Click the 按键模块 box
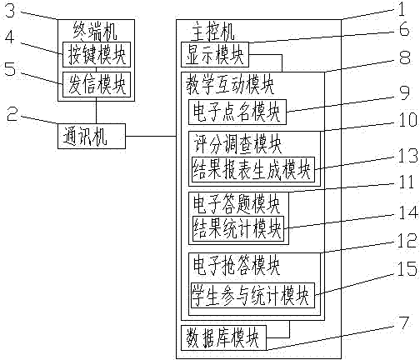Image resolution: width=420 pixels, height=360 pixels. point(97,54)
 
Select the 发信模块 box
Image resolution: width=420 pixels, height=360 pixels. point(97,84)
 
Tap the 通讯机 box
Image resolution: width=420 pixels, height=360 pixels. point(92,136)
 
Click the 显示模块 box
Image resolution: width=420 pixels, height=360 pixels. point(215,54)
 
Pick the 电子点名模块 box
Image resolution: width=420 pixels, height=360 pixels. point(237,112)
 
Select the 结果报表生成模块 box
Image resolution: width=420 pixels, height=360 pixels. point(253,170)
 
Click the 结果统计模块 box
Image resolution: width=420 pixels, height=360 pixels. point(238,228)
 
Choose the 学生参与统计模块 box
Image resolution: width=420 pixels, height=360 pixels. point(252,296)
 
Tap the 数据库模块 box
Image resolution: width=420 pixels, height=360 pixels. point(224,337)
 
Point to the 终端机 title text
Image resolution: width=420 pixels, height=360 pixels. point(95,32)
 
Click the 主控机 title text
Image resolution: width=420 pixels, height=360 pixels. point(212,32)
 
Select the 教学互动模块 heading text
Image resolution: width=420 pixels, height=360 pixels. point(230,84)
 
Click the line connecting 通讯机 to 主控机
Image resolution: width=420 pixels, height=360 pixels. point(151,136)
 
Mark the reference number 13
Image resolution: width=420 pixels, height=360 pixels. point(407,156)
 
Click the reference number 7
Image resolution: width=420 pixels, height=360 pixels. point(404,323)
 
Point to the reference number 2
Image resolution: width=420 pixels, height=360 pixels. point(12,113)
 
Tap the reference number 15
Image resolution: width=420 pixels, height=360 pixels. point(407,268)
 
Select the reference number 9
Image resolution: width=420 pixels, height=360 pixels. point(404,93)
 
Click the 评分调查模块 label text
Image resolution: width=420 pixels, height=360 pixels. point(237,143)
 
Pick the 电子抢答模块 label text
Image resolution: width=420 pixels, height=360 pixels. point(237,265)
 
